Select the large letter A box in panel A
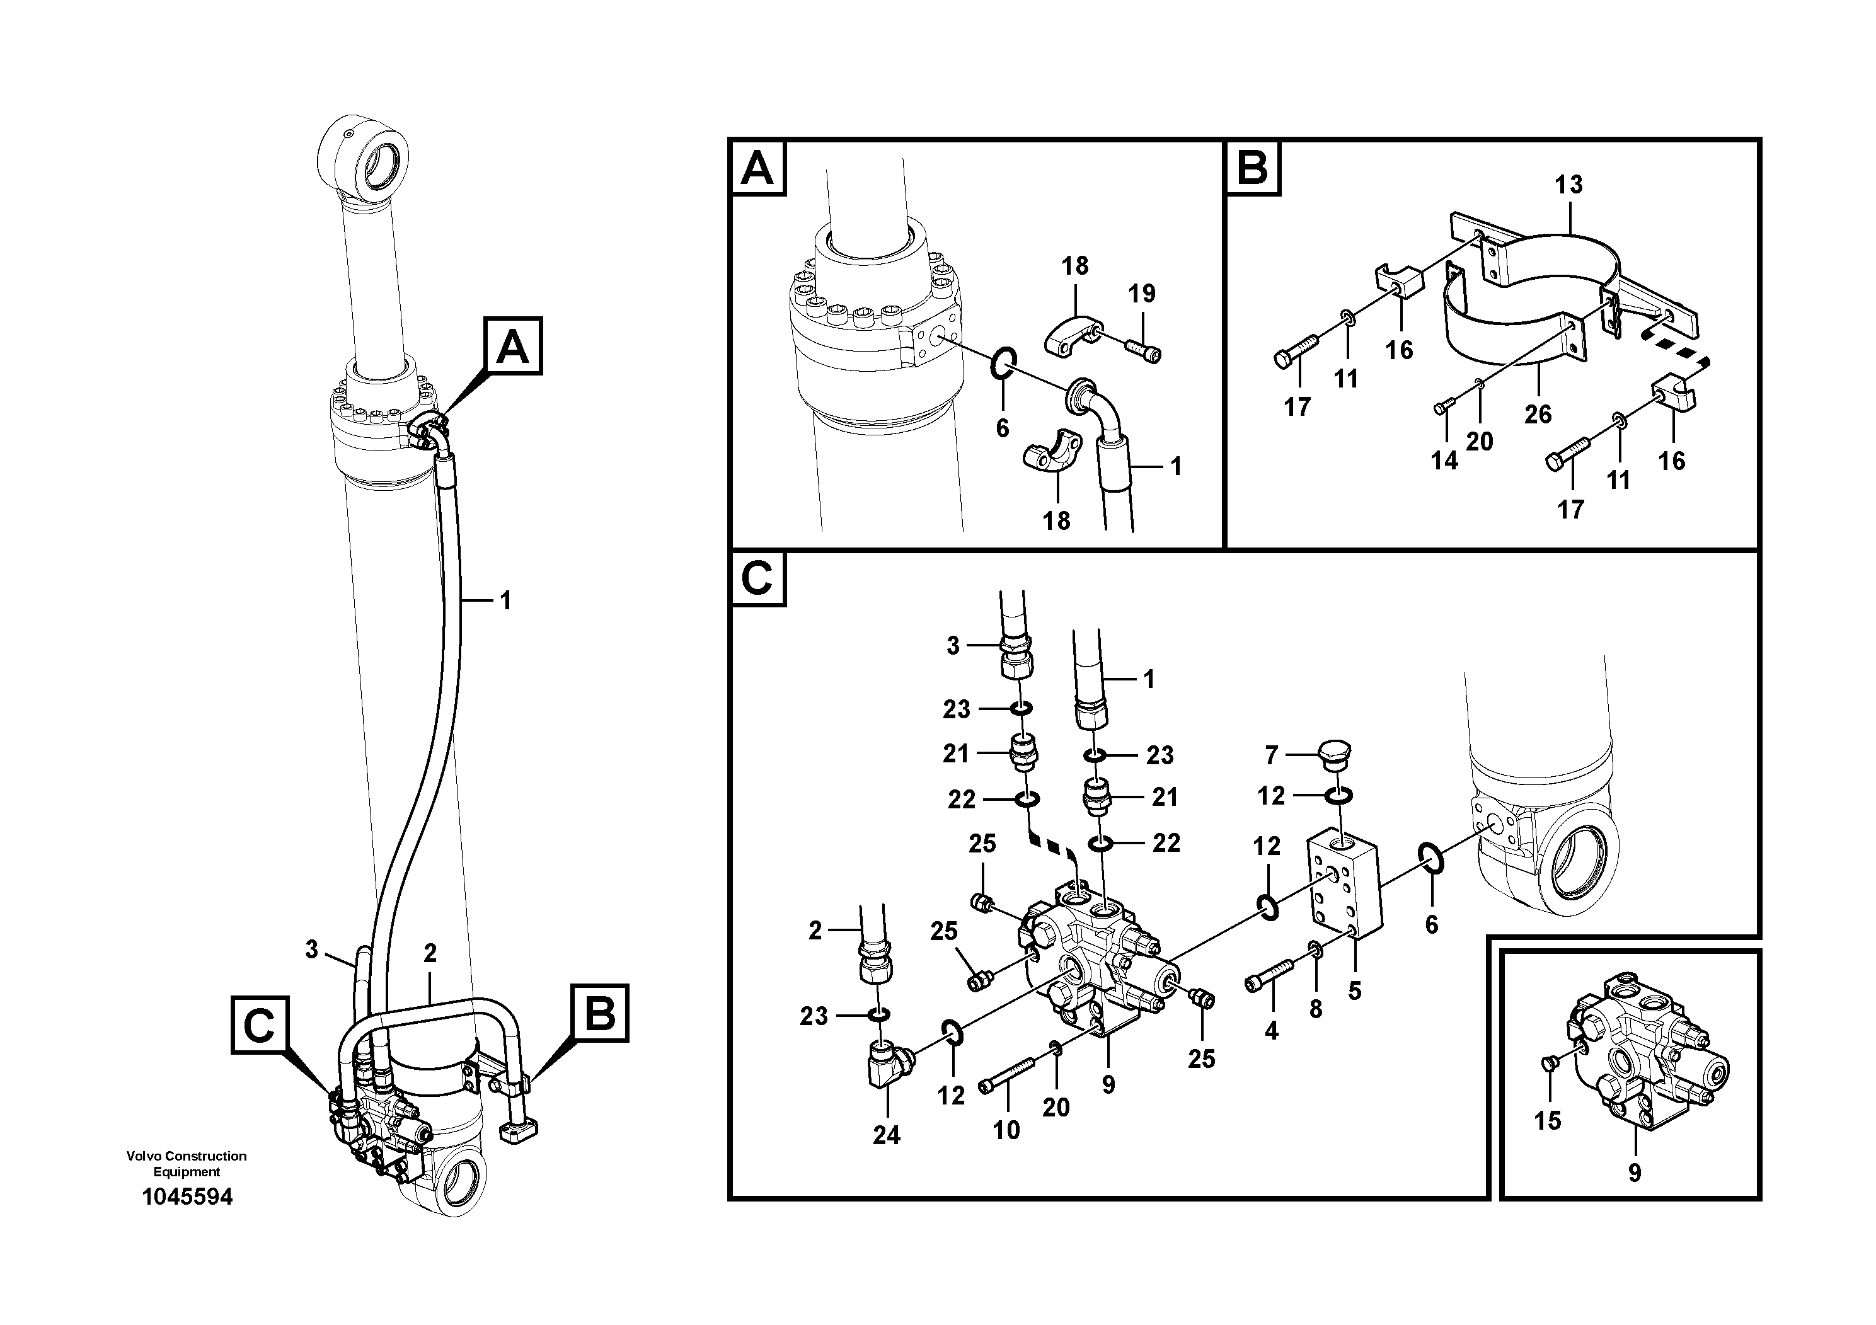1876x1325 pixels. (758, 169)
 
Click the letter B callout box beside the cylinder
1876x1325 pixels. (601, 1013)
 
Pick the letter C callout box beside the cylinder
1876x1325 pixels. (259, 1024)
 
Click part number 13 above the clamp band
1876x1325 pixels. (1568, 185)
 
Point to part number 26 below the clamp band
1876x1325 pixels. (1537, 414)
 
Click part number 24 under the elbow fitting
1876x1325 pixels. (886, 1135)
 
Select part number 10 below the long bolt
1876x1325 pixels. (1006, 1130)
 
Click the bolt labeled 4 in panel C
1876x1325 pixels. (1269, 975)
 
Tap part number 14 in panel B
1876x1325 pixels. (1444, 461)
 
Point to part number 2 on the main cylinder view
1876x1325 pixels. (430, 953)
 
